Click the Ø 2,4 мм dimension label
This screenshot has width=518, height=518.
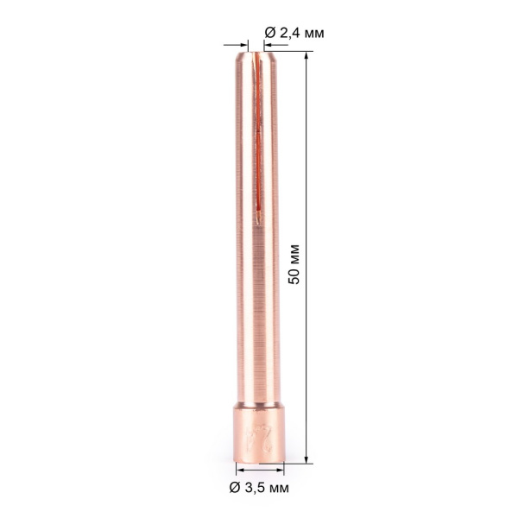coord(294,32)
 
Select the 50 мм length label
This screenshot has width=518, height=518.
coord(294,263)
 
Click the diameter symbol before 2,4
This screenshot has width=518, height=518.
coord(268,32)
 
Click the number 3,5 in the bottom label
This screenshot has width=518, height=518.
coord(256,488)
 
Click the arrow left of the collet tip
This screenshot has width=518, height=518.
coord(238,46)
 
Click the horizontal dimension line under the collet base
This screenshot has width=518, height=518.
coord(259,471)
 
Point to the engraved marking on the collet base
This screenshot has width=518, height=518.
coord(256,435)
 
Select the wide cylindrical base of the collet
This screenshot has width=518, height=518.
coord(259,436)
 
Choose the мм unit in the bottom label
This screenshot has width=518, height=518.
coord(278,488)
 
